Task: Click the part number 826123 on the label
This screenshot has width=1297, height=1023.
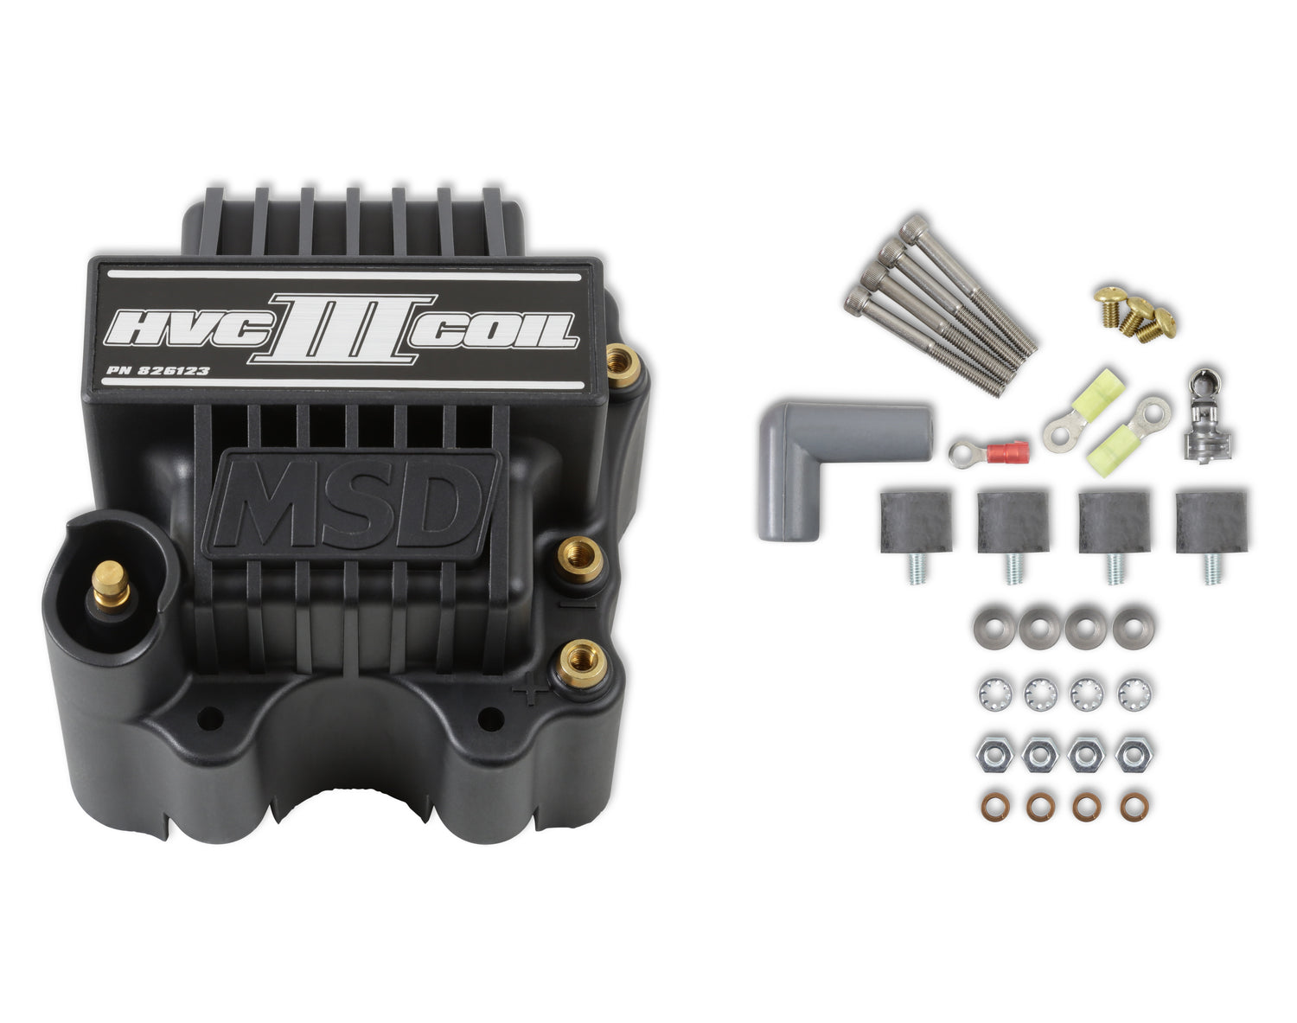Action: coord(174,370)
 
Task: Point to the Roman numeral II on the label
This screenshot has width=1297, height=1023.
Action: coord(342,329)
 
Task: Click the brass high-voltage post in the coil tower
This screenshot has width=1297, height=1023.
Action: coord(111,584)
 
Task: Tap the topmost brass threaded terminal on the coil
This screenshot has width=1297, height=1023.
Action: coord(623,365)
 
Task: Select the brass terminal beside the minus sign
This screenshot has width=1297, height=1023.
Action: coord(578,559)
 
